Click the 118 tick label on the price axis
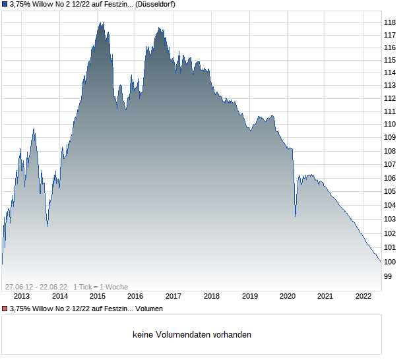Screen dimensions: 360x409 point(390,22)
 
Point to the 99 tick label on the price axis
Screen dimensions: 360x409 point(388,276)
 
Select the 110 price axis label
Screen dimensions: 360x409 point(390,124)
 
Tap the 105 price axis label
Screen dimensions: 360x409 point(390,191)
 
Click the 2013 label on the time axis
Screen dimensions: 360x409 point(22,297)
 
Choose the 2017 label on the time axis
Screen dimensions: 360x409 point(173,297)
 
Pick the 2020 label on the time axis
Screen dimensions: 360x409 point(287,297)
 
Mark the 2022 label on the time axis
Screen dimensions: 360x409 point(363,297)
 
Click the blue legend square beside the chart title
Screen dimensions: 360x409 point(5,4)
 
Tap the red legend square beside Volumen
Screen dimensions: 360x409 point(5,309)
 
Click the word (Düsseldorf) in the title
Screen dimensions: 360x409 point(156,4)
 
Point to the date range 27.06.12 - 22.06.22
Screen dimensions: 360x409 point(36,287)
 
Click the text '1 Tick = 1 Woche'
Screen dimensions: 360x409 point(100,287)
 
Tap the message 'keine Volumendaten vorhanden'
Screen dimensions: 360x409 point(192,335)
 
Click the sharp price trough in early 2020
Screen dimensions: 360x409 point(295,216)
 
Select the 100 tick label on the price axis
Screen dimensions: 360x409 point(390,262)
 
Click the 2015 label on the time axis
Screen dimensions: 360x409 point(98,297)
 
